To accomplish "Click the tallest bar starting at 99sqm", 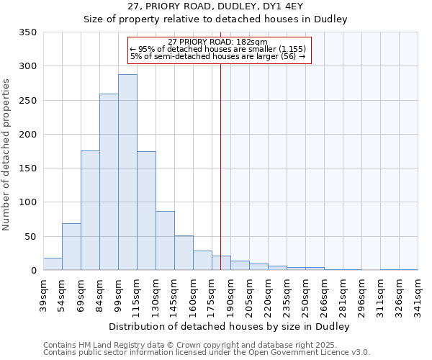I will click(127, 173).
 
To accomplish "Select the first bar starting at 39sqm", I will click(53, 264).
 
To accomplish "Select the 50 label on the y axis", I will click(30, 236).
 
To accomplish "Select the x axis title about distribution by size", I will click(230, 326).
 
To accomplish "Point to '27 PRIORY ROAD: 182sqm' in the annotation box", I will click(217, 42).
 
